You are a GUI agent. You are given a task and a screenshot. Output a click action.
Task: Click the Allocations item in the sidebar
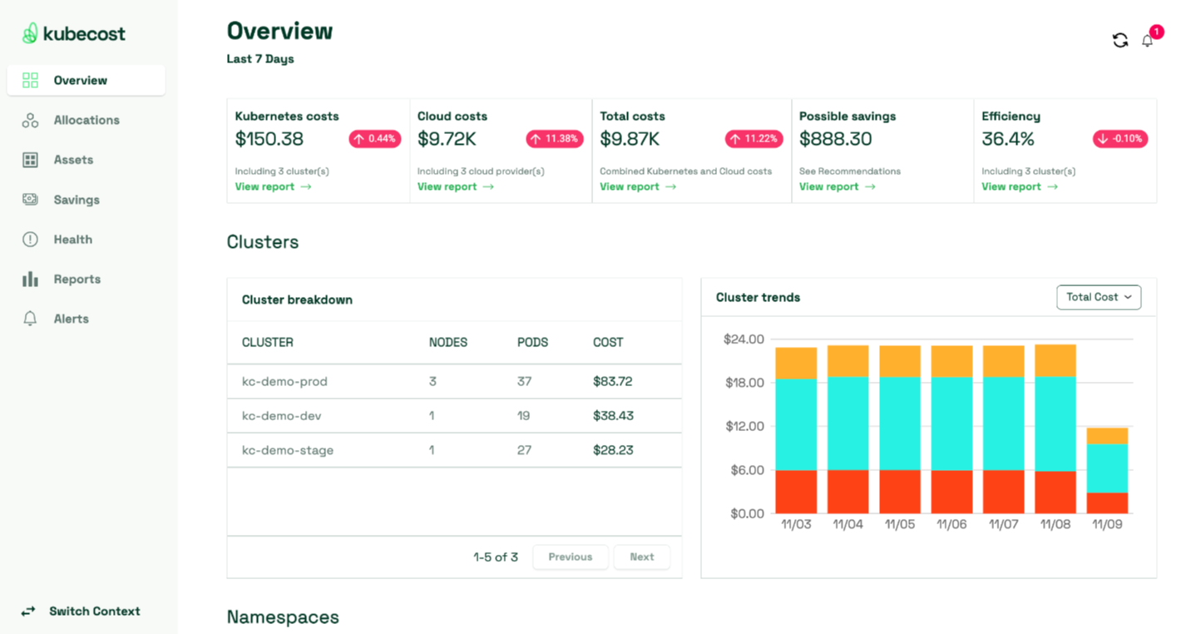(86, 120)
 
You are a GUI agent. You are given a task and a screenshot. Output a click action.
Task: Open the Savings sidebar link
(76, 200)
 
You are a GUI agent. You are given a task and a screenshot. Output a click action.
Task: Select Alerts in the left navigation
(71, 319)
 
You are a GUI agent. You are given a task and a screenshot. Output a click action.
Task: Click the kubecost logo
(74, 33)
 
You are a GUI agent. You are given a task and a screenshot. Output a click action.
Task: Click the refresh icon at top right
(1120, 40)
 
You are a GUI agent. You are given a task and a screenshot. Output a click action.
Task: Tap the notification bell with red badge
(1148, 40)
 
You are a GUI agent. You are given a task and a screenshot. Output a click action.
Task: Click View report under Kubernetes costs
(273, 186)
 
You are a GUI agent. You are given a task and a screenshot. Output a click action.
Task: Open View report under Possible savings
(837, 186)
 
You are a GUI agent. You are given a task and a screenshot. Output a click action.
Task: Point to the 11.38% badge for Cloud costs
(554, 139)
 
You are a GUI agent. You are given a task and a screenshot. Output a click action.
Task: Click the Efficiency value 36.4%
(1008, 139)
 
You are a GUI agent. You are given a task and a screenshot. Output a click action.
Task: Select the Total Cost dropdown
(1098, 297)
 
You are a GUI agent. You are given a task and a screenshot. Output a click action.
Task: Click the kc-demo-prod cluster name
(284, 381)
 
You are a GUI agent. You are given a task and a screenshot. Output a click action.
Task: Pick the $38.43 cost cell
(612, 415)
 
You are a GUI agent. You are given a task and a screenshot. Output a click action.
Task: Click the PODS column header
(532, 342)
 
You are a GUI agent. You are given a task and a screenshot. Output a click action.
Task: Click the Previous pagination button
(570, 557)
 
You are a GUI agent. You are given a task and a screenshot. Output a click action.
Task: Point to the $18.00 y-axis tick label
(744, 383)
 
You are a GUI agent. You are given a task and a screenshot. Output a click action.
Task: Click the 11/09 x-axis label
(1107, 525)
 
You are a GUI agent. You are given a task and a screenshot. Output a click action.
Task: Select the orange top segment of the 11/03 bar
(796, 363)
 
